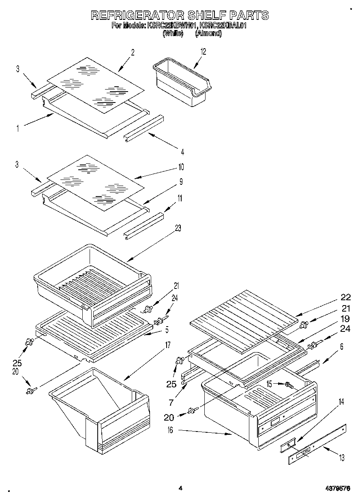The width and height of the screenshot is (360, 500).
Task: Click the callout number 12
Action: (x=203, y=51)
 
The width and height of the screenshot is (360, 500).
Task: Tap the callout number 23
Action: (x=178, y=228)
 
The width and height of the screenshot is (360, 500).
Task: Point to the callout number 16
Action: (x=170, y=430)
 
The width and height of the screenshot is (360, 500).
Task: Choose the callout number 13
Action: (x=342, y=458)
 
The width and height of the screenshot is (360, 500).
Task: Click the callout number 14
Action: (x=341, y=413)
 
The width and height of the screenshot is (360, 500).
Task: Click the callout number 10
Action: (x=181, y=167)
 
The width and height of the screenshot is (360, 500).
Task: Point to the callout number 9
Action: (x=181, y=182)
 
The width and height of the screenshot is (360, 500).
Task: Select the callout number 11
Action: (x=179, y=198)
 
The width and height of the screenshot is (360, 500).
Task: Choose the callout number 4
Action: (x=182, y=152)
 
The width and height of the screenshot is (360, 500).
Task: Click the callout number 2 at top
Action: (x=133, y=51)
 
